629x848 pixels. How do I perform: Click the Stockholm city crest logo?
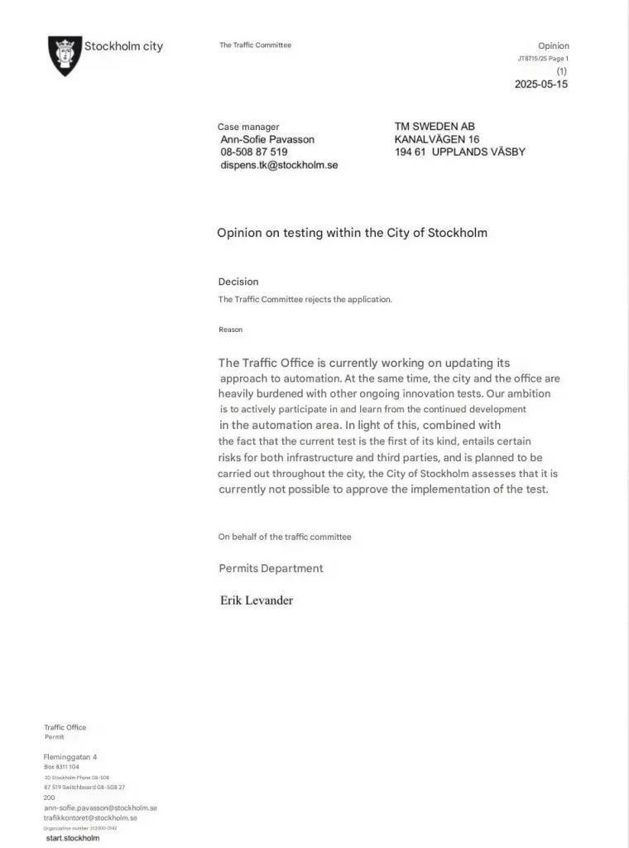pyautogui.click(x=65, y=55)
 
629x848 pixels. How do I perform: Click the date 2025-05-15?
pyautogui.click(x=541, y=84)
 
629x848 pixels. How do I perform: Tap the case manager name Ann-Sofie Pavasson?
pyautogui.click(x=267, y=140)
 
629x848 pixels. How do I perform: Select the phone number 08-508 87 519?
pyautogui.click(x=254, y=152)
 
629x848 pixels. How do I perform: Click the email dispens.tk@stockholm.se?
pyautogui.click(x=279, y=166)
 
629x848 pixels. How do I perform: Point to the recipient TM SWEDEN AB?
pyautogui.click(x=435, y=127)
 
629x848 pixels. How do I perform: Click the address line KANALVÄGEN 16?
pyautogui.click(x=437, y=139)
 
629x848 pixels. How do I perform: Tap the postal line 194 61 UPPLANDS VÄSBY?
pyautogui.click(x=460, y=152)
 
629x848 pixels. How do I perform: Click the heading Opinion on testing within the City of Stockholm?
pyautogui.click(x=352, y=233)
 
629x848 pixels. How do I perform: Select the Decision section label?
pyautogui.click(x=238, y=282)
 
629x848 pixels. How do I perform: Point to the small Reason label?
pyautogui.click(x=231, y=330)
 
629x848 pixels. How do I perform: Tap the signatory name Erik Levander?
pyautogui.click(x=257, y=600)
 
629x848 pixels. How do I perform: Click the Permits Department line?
pyautogui.click(x=271, y=569)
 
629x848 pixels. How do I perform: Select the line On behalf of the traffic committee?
pyautogui.click(x=285, y=537)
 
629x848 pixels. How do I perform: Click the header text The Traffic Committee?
pyautogui.click(x=255, y=46)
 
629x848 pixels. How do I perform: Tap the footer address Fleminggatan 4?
pyautogui.click(x=70, y=757)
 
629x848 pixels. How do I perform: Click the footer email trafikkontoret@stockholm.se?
pyautogui.click(x=90, y=817)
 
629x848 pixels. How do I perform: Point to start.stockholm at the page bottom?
pyautogui.click(x=73, y=838)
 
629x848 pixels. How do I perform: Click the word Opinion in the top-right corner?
pyautogui.click(x=554, y=46)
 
